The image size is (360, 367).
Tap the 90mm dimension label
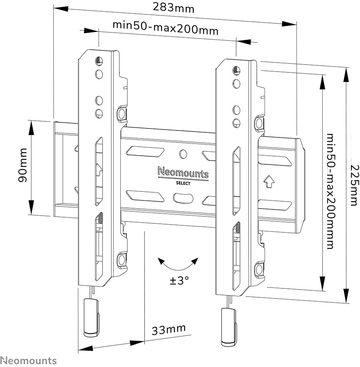[23, 165]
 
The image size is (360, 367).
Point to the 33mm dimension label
[169, 330]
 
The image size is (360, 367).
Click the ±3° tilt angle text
[179, 280]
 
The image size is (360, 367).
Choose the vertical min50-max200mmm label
[330, 191]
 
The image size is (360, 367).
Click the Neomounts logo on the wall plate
[183, 172]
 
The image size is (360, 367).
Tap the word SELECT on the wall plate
[183, 183]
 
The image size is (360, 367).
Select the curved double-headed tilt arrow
[178, 265]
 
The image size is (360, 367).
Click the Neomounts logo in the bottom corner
[28, 360]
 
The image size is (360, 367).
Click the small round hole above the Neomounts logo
[183, 154]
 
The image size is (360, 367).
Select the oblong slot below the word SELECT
[183, 198]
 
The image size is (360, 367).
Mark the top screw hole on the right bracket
[236, 70]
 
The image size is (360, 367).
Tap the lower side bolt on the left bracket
[122, 259]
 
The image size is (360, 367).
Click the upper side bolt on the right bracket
[259, 123]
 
